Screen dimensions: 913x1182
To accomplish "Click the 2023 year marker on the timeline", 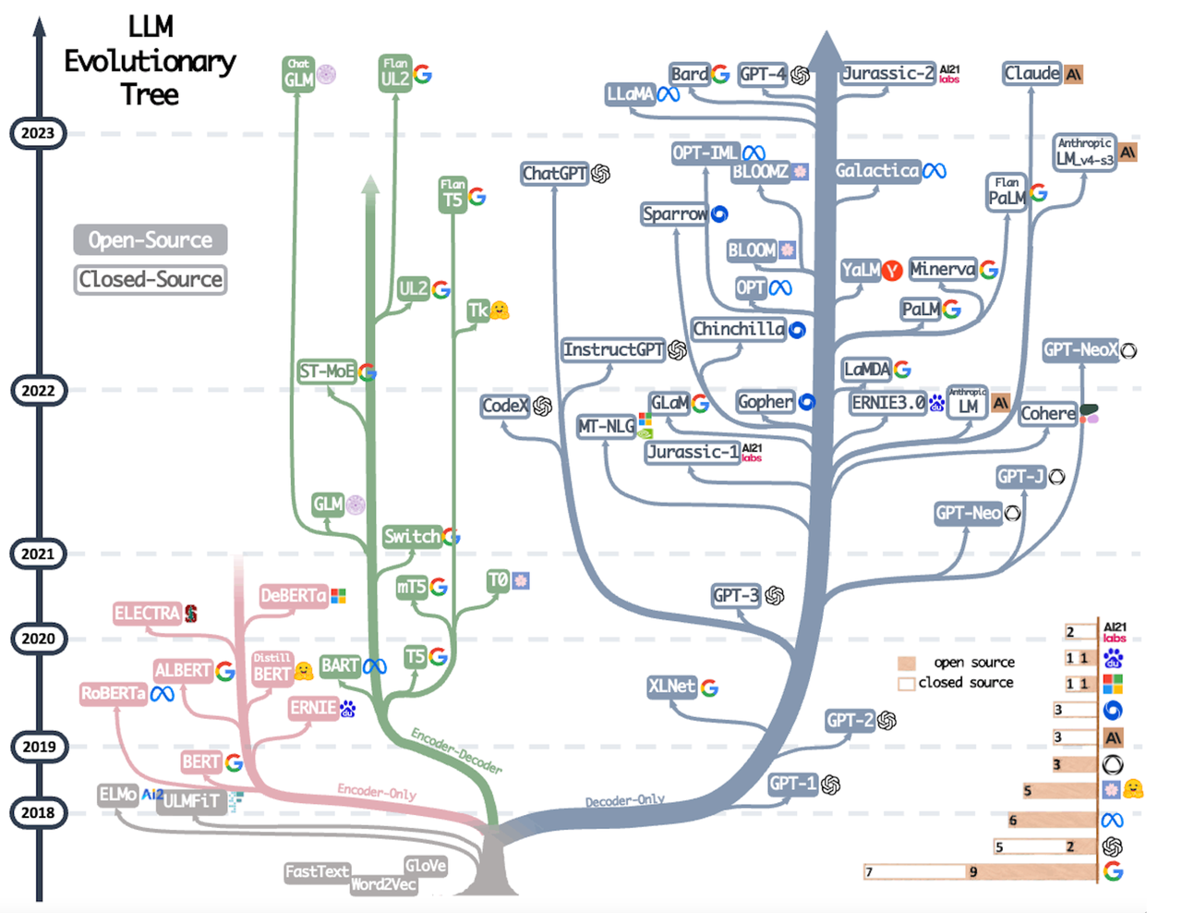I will pyautogui.click(x=38, y=133).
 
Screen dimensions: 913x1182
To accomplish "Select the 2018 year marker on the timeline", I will pyautogui.click(x=38, y=813).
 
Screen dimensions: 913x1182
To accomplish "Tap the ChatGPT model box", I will pyautogui.click(x=554, y=174).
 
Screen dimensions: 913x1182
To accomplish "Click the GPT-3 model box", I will pyautogui.click(x=736, y=596).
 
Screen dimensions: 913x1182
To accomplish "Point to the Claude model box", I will pyautogui.click(x=1032, y=74).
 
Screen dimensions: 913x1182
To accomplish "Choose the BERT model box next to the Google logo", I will pyautogui.click(x=201, y=762).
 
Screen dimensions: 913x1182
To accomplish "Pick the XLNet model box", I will pyautogui.click(x=671, y=687).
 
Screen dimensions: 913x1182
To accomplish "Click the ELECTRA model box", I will pyautogui.click(x=147, y=614).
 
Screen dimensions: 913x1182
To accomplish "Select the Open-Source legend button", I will pyautogui.click(x=151, y=240).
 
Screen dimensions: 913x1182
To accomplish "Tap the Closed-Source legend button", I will pyautogui.click(x=151, y=279).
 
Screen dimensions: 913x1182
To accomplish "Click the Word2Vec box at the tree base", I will pyautogui.click(x=383, y=884).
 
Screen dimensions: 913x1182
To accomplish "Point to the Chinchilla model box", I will pyautogui.click(x=739, y=329).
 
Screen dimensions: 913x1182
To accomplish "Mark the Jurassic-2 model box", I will pyautogui.click(x=888, y=74).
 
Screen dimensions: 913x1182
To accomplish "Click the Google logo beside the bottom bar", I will pyautogui.click(x=1114, y=871).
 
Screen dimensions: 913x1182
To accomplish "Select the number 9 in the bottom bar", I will pyautogui.click(x=973, y=872).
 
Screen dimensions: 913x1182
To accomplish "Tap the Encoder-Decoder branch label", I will pyautogui.click(x=456, y=751).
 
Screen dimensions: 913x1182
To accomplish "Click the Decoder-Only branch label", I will pyautogui.click(x=625, y=800).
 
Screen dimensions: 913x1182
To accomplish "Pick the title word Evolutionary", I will pyautogui.click(x=150, y=62).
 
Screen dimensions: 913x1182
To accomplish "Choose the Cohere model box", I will pyautogui.click(x=1048, y=414).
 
